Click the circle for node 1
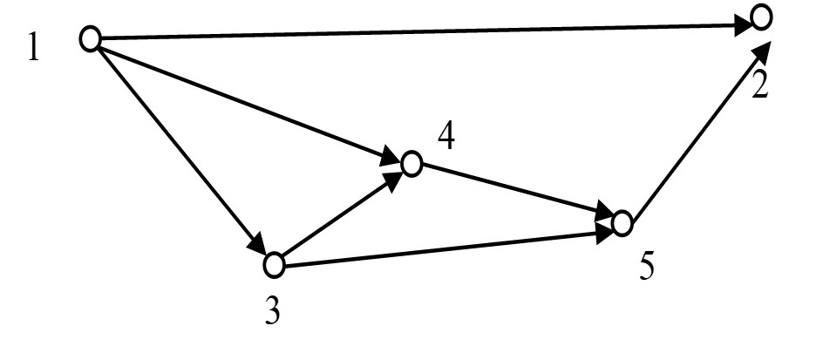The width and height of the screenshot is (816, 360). (x=90, y=38)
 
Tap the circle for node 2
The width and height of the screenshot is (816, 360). (x=761, y=17)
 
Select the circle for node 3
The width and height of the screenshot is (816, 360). (x=275, y=262)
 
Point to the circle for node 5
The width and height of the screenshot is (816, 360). (x=622, y=223)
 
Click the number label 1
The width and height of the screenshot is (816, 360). (x=33, y=47)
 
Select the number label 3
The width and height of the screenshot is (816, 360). (x=273, y=310)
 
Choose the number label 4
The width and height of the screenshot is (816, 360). (x=445, y=138)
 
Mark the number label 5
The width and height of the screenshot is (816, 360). (x=646, y=266)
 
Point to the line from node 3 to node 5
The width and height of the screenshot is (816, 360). (x=445, y=245)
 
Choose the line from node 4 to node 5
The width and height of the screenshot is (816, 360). (x=514, y=192)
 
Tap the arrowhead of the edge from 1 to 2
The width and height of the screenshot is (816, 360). (x=743, y=24)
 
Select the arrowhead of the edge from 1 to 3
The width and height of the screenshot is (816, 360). (x=257, y=243)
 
